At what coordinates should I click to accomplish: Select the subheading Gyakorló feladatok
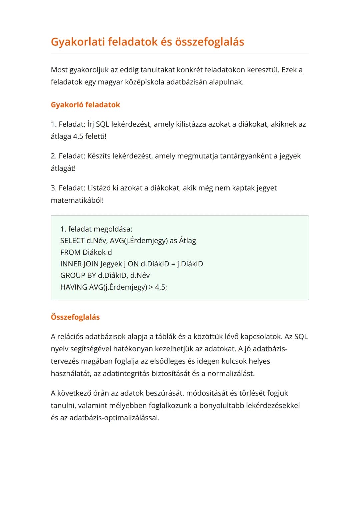pyautogui.click(x=85, y=105)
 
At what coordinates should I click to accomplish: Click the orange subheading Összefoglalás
pyautogui.click(x=75, y=317)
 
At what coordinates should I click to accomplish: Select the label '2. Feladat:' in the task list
pyautogui.click(x=68, y=156)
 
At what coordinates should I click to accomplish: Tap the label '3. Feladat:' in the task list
pyautogui.click(x=68, y=188)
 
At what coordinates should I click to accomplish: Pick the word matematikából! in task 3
pyautogui.click(x=77, y=200)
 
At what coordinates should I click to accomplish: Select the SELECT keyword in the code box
pyautogui.click(x=72, y=241)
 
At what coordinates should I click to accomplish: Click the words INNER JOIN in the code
pyautogui.click(x=79, y=264)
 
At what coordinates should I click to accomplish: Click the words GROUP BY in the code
pyautogui.click(x=78, y=275)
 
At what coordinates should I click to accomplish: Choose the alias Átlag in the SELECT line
pyautogui.click(x=188, y=241)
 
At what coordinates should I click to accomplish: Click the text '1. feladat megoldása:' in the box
pyautogui.click(x=96, y=229)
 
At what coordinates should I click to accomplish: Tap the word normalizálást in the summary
pyautogui.click(x=231, y=374)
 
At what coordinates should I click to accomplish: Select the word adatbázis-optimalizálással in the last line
pyautogui.click(x=114, y=418)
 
